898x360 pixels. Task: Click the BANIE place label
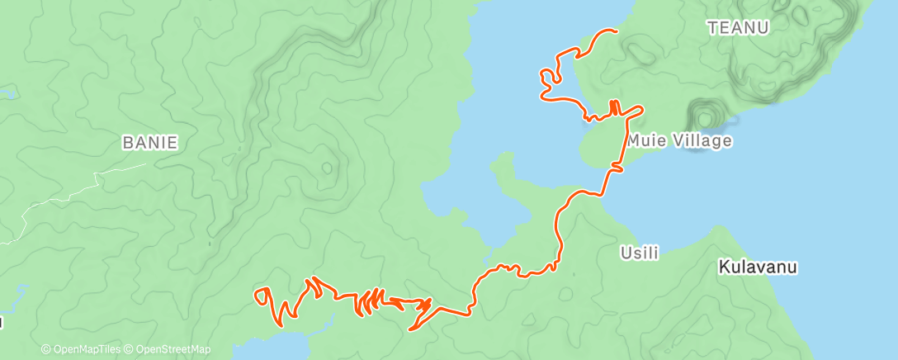click(149, 143)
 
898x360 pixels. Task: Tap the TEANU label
click(738, 28)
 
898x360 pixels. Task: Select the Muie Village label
click(679, 141)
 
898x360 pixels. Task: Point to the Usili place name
click(640, 253)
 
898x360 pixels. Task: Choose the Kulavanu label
click(757, 268)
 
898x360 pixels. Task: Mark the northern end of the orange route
click(615, 31)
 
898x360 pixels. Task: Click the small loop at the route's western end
click(263, 293)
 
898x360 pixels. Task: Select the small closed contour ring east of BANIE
click(328, 168)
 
